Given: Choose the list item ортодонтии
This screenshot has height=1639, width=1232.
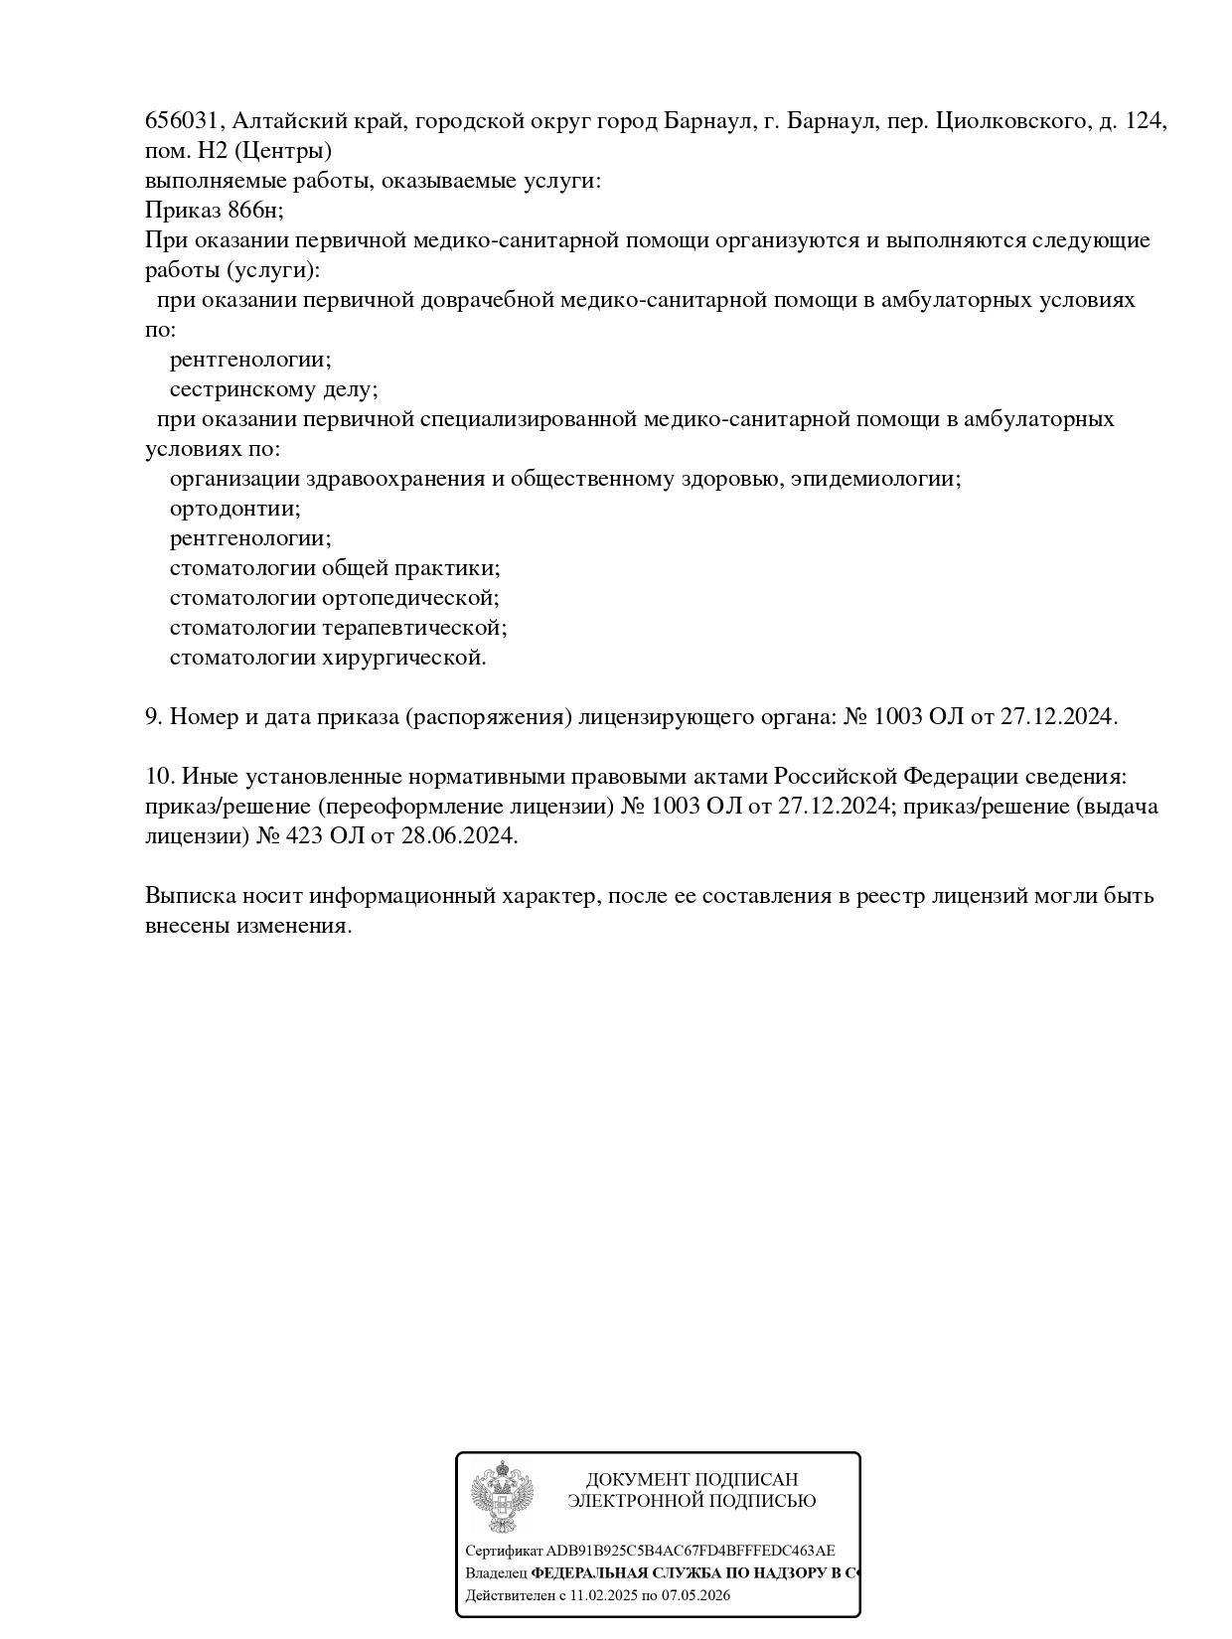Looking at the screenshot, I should point(234,509).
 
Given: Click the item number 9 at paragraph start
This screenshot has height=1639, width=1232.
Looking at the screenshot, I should point(153,717).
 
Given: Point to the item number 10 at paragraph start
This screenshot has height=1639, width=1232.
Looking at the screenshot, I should point(158,777).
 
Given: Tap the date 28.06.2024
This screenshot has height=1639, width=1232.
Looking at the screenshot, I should point(458,836).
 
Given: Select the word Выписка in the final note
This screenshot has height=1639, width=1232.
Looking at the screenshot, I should point(190,896).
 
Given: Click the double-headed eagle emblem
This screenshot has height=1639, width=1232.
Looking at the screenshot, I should point(502,1496).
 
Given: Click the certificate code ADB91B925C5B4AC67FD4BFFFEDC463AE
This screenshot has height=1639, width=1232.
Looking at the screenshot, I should point(691,1551).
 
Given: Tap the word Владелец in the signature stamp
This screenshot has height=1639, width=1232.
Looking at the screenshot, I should point(496,1573).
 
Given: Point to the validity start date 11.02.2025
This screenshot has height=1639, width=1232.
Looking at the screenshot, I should point(603,1595).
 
